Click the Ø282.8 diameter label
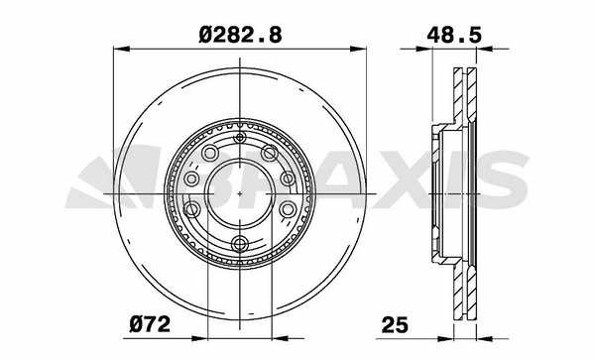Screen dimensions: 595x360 (x=240, y=36)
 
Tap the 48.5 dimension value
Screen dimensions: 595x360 (x=454, y=36)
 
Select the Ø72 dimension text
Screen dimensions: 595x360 (x=150, y=324)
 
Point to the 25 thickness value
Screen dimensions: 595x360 (x=395, y=325)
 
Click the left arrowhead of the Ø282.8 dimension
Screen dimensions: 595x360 (x=121, y=49)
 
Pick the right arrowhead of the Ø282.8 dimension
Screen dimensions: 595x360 (x=358, y=49)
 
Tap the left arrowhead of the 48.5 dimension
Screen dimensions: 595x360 (x=424, y=49)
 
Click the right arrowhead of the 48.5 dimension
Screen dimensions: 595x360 (x=485, y=49)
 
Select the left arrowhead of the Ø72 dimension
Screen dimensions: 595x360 (x=199, y=338)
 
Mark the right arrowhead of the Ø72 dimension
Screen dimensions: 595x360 (x=280, y=338)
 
